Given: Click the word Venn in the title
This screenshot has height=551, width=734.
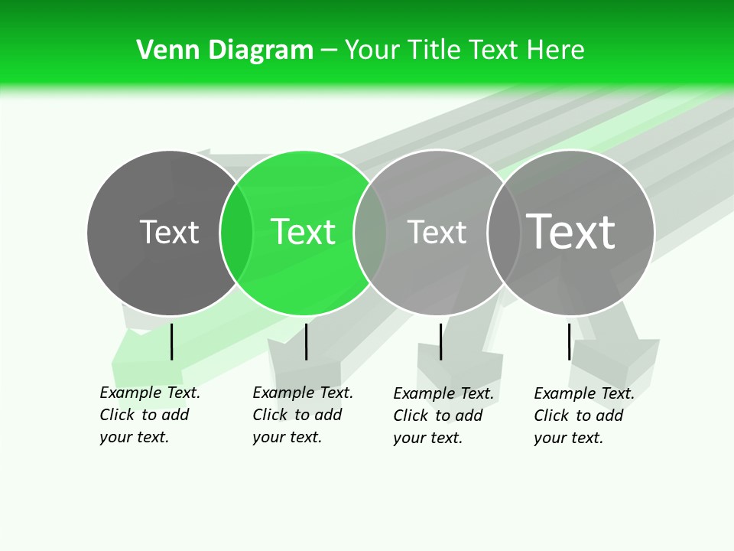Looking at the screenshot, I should [x=162, y=51].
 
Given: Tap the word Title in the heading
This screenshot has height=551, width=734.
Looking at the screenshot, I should [x=434, y=51].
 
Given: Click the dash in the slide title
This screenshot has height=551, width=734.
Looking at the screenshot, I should [x=329, y=51].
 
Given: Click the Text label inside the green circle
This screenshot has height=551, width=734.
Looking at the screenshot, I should [x=304, y=232].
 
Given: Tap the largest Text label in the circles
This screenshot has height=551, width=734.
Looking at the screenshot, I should [x=570, y=232].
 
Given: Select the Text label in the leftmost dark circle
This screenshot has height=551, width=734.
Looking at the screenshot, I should [x=169, y=232].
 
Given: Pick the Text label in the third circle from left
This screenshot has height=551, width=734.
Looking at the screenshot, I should [x=437, y=232].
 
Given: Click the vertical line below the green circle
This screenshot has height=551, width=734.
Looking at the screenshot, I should [x=306, y=341].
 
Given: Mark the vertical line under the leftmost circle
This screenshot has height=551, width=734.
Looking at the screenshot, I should [x=171, y=341].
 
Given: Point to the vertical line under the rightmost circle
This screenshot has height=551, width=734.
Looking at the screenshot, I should [x=569, y=341].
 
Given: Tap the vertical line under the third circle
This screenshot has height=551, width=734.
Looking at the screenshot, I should [x=440, y=341].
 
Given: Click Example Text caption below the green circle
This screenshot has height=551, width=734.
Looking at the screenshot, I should [x=303, y=393].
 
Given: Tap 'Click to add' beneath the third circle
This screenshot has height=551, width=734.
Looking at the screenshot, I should [x=438, y=416].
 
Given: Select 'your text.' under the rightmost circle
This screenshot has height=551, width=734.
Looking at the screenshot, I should [x=568, y=438].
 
